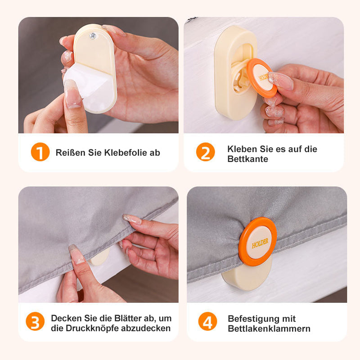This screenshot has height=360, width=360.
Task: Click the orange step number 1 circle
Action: tap(40, 152)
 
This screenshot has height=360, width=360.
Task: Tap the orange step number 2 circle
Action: tap(206, 152)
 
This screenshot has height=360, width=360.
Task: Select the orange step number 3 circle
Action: tap(35, 321)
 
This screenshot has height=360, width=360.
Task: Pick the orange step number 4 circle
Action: tap(207, 321)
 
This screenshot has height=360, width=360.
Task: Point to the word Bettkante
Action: tap(248, 159)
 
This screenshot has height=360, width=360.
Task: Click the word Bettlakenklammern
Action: tap(269, 328)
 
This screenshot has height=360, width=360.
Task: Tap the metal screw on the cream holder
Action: tap(93, 36)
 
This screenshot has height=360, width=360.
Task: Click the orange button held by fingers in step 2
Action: tap(262, 78)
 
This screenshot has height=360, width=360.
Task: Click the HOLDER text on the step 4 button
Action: tap(260, 243)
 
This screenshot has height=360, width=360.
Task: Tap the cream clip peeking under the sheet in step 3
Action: tap(99, 257)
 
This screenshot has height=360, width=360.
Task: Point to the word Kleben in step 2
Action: tap(243, 149)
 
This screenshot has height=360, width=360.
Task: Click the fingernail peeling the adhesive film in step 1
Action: tap(72, 94)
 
